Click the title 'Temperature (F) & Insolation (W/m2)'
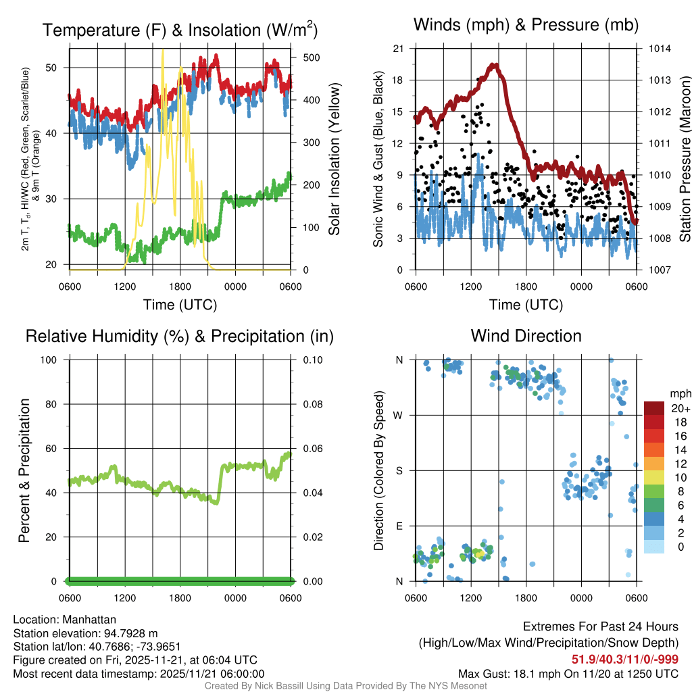180,30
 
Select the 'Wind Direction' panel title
526,336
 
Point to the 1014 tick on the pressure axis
660,49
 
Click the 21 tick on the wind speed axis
399,49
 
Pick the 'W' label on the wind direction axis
399,415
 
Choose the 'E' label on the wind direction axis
399,526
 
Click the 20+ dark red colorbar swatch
654,408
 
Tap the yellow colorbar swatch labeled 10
654,477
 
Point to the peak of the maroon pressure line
494,66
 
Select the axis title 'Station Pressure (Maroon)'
684,159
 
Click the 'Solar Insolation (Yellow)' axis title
334,159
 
